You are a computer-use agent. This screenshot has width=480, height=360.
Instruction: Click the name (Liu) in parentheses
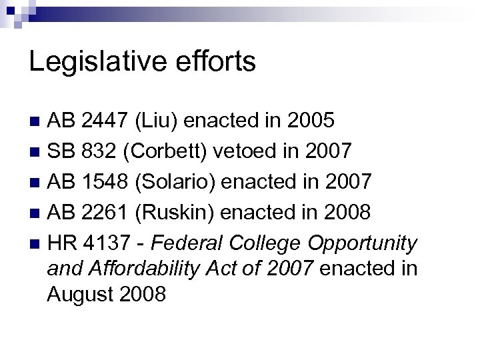tap(157, 121)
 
